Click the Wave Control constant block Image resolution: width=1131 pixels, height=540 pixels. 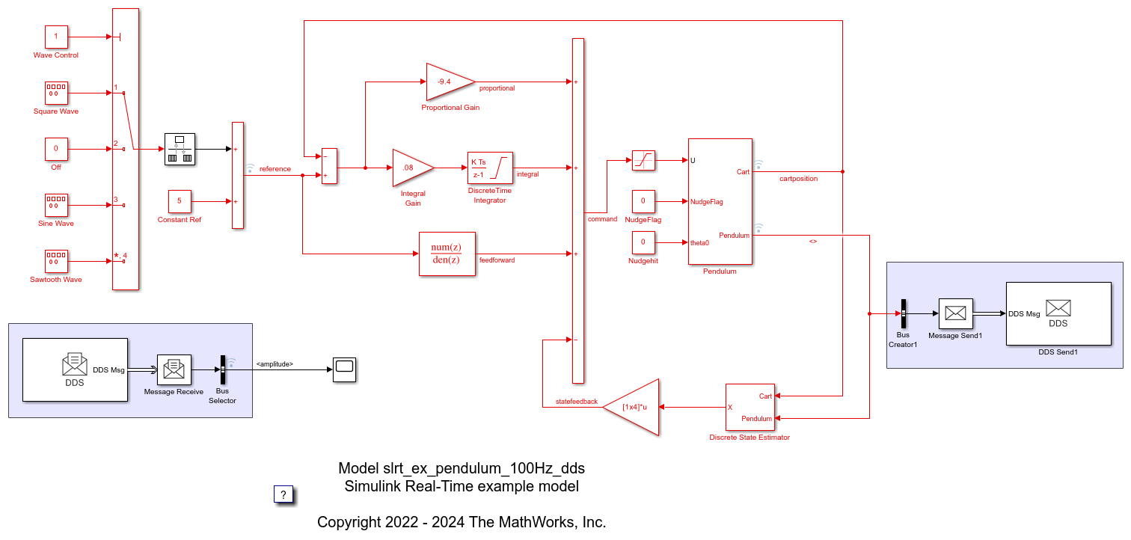tap(56, 37)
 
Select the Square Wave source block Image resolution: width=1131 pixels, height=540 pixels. tap(56, 93)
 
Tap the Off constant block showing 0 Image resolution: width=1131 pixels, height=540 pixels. tap(56, 149)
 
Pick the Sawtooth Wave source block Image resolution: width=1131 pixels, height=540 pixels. tap(56, 261)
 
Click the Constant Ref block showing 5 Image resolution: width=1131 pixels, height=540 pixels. tap(180, 201)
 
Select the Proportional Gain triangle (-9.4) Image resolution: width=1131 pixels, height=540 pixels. tap(447, 81)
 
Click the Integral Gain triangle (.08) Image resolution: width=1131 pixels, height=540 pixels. tap(410, 168)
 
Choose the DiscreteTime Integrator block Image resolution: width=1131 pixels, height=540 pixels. tap(490, 168)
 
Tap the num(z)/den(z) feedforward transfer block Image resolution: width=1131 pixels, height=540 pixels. tap(447, 254)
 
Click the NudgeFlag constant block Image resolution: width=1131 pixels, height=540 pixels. tap(643, 201)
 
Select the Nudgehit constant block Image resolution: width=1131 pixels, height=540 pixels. tap(643, 242)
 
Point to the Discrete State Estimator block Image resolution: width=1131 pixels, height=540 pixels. tap(750, 407)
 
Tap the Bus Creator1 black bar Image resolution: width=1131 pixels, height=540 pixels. tap(903, 313)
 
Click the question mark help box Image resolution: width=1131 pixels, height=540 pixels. tap(283, 494)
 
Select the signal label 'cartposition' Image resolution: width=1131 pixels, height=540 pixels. tap(799, 179)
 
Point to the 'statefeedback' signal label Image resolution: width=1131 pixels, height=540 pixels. tap(577, 402)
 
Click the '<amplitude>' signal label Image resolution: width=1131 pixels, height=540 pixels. tap(275, 364)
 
